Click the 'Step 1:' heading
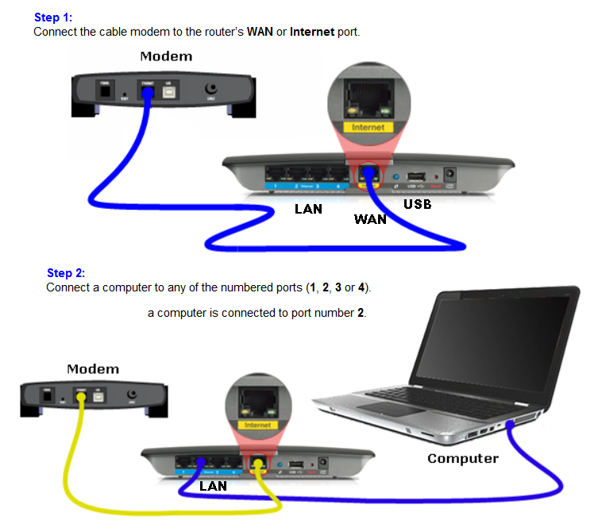[x=53, y=17]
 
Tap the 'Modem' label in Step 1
[x=166, y=56]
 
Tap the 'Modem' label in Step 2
[x=93, y=369]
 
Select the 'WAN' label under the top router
[x=370, y=219]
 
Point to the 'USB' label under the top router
[x=417, y=204]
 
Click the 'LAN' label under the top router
[x=310, y=210]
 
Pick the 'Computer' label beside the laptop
[x=463, y=458]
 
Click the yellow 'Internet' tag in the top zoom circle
[x=368, y=126]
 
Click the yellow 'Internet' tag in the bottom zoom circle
[x=258, y=425]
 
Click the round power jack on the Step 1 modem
[x=211, y=91]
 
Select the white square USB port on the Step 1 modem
[x=168, y=89]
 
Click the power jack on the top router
[x=453, y=174]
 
